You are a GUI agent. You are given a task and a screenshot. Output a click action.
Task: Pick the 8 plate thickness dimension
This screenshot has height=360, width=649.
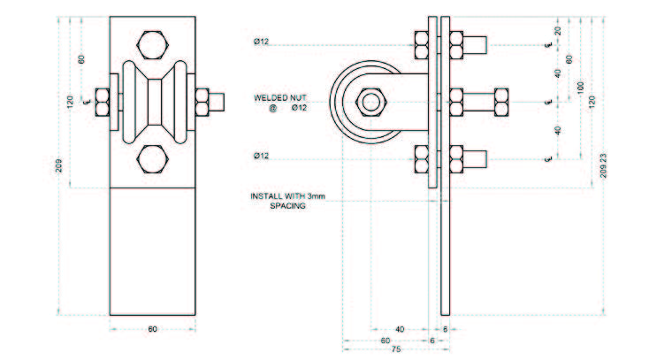444,328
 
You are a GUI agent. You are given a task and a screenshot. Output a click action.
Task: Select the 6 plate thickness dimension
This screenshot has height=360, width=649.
431,339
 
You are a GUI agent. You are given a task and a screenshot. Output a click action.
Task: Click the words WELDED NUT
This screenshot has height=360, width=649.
279,96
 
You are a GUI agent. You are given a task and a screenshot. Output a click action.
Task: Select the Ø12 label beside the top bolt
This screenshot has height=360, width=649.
261,42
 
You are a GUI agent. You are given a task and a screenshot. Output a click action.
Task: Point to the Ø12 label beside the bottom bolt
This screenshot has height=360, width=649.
261,156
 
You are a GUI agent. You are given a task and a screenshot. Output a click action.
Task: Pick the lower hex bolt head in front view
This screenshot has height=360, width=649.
152,159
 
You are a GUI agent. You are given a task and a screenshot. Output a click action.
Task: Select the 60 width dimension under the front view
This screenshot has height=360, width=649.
152,329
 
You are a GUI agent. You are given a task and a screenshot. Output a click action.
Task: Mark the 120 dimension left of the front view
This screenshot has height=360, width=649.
71,101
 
